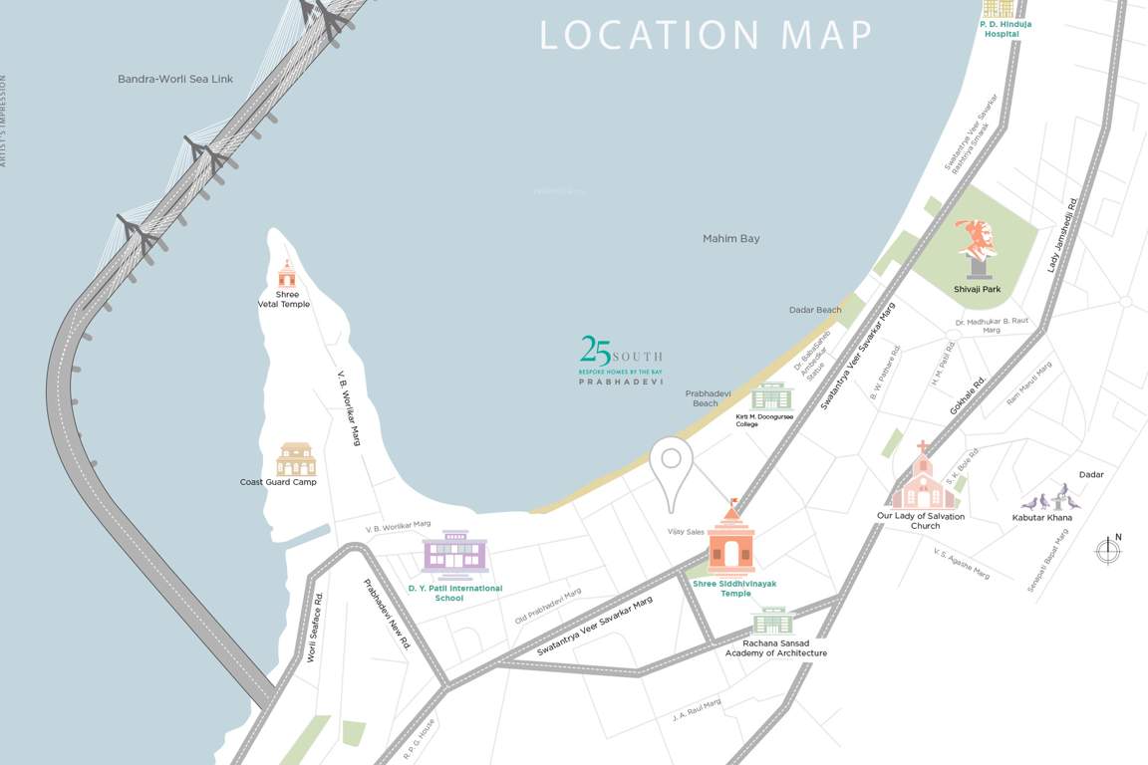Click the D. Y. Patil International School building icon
(455, 555)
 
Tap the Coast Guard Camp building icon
(295, 459)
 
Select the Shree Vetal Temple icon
(287, 274)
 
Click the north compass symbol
(1108, 550)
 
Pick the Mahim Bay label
(730, 239)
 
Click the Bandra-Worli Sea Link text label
(175, 79)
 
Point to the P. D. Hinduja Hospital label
(1002, 29)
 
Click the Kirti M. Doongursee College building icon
(769, 396)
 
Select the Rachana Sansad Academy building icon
(772, 622)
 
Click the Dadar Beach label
(815, 310)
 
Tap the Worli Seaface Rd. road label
(315, 628)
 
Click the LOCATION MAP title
(706, 35)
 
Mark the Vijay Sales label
(686, 532)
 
